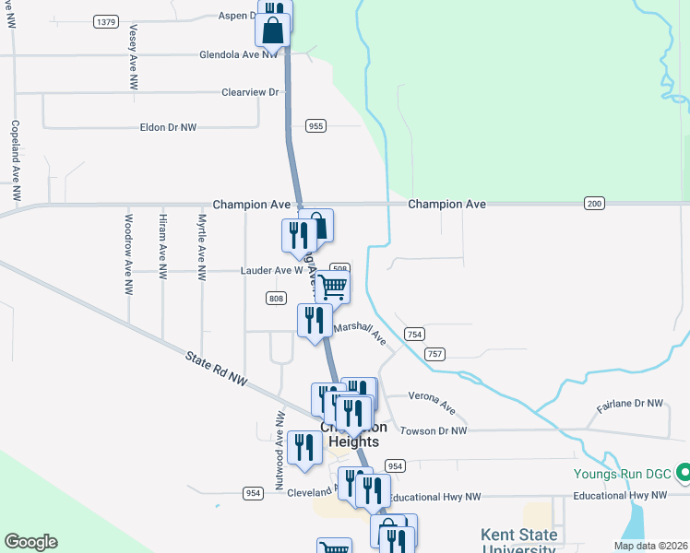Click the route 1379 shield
pyautogui.click(x=107, y=21)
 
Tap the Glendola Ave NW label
pyautogui.click(x=238, y=55)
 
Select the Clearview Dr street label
pyautogui.click(x=249, y=93)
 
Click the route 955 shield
pyautogui.click(x=316, y=126)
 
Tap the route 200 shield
pyautogui.click(x=594, y=203)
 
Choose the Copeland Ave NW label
pyautogui.click(x=16, y=161)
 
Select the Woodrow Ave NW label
pyautogui.click(x=129, y=242)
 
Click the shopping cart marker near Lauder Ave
pyautogui.click(x=331, y=286)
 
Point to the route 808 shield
pyautogui.click(x=275, y=298)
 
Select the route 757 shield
pyautogui.click(x=435, y=353)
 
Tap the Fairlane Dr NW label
pyautogui.click(x=630, y=404)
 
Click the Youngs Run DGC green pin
pyautogui.click(x=683, y=473)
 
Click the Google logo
pyautogui.click(x=30, y=542)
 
